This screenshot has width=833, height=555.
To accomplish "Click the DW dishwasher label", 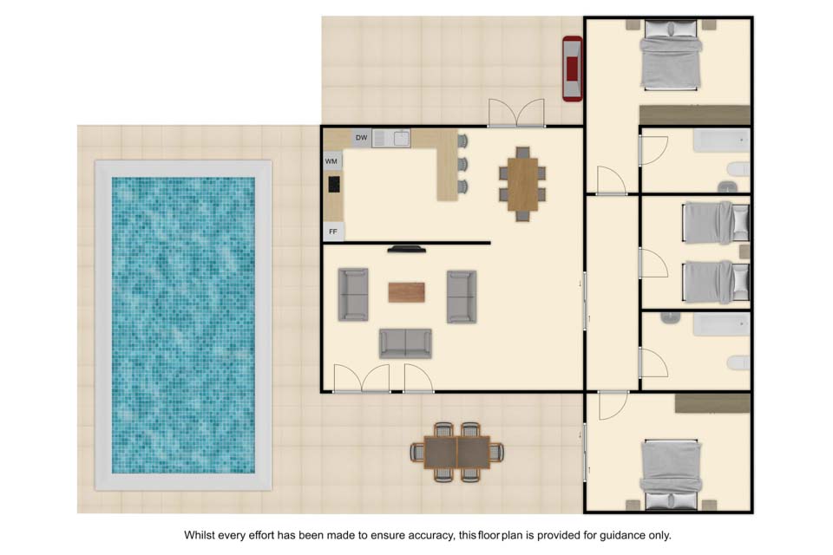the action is tap(361, 138).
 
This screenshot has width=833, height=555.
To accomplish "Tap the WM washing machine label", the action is tap(331, 161).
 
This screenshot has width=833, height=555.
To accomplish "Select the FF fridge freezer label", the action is tap(333, 232).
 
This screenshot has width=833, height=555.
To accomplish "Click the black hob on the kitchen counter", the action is tap(334, 185).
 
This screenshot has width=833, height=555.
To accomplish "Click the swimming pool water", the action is tap(183, 325).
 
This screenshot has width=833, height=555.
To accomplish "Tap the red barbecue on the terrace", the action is tap(572, 68).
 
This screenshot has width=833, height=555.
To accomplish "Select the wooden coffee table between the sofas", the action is tap(406, 292).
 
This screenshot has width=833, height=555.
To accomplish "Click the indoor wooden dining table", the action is tap(522, 185).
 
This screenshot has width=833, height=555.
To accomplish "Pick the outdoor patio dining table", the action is tap(457, 452).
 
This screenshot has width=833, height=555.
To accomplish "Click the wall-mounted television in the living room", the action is tap(406, 249).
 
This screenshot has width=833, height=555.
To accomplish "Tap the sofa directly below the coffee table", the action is tap(405, 343).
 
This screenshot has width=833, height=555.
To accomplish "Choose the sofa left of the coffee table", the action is tap(353, 295).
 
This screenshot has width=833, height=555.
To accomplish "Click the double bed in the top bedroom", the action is tap(671, 55).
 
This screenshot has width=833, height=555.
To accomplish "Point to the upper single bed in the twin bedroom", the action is tap(716, 223).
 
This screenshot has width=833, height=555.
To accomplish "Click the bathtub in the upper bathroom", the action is tap(721, 140).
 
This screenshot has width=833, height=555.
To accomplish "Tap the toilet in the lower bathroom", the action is tap(738, 362).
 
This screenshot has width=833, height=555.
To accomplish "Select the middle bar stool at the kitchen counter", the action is tap(462, 164).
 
